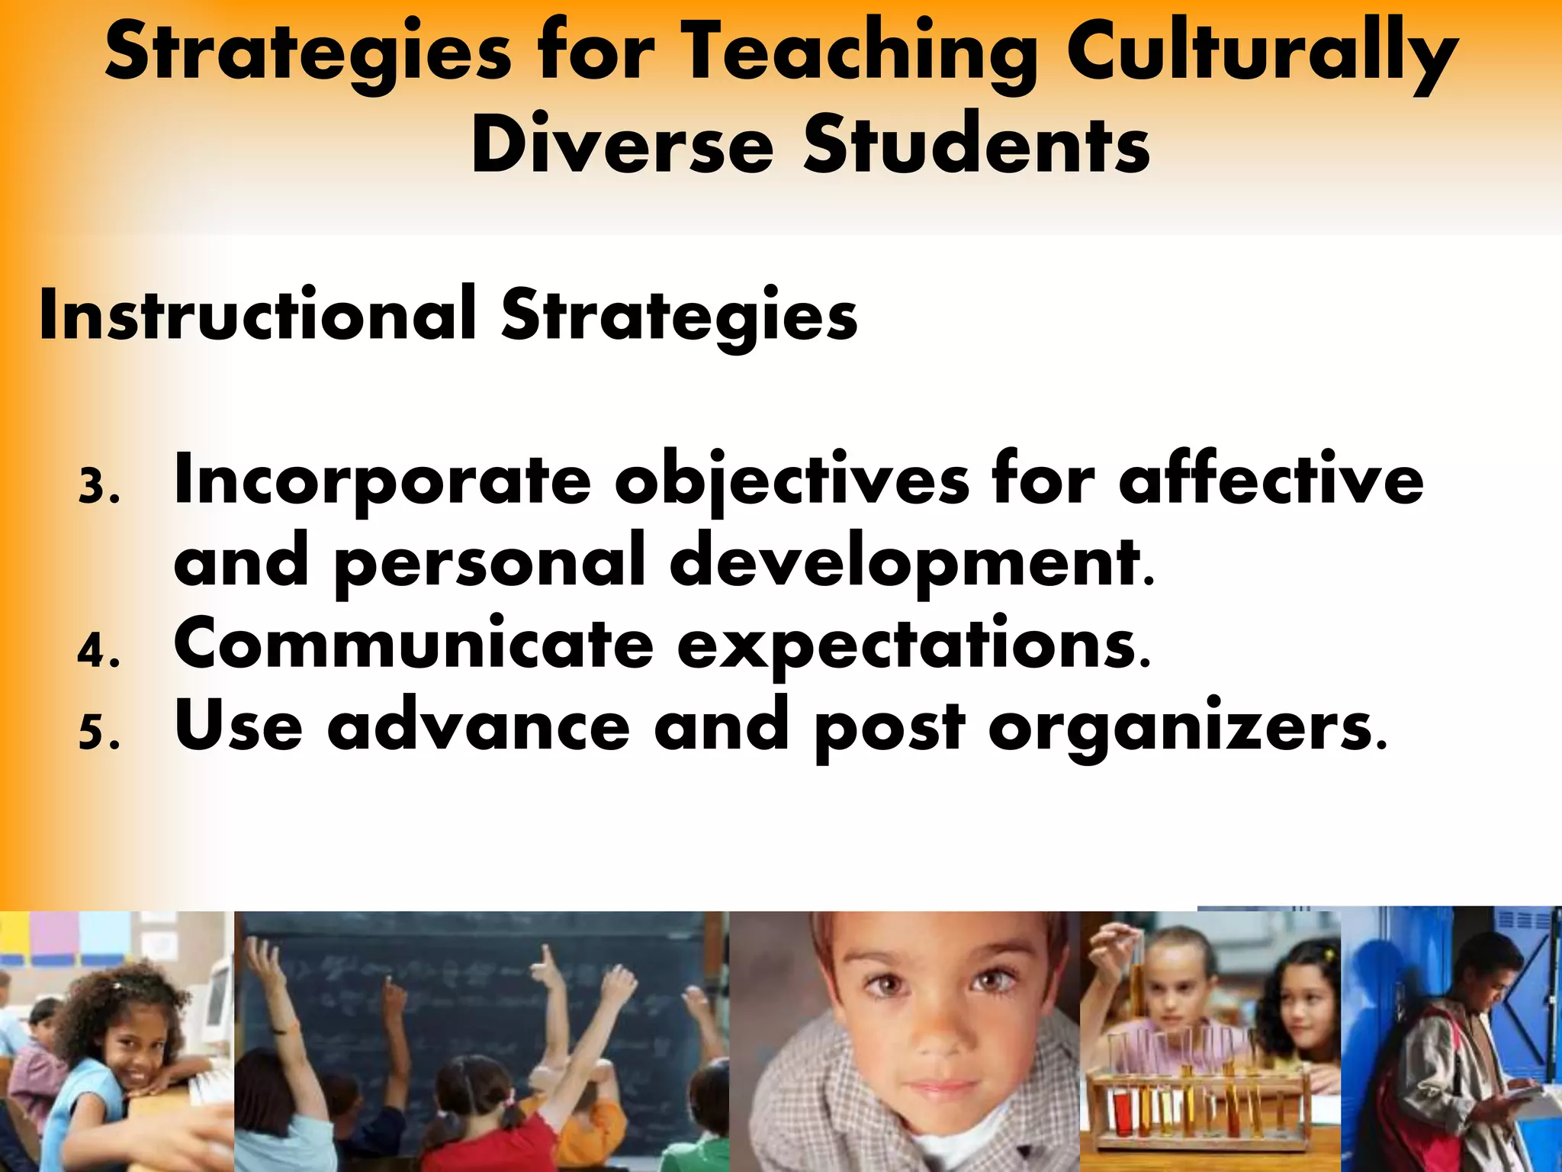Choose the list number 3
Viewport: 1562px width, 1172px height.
tap(97, 487)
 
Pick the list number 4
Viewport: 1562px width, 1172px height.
tap(97, 652)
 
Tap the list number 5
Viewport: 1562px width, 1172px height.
tap(97, 733)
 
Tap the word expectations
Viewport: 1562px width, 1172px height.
tap(912, 645)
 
